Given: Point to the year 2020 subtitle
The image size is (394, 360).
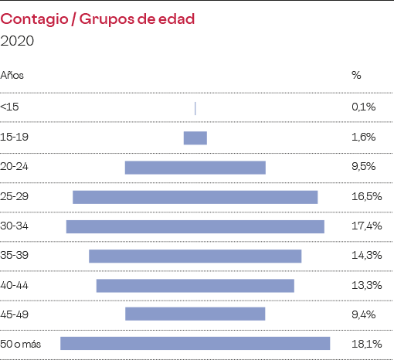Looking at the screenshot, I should (18, 40).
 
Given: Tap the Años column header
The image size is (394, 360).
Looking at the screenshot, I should (12, 76).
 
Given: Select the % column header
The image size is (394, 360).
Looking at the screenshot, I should (356, 76).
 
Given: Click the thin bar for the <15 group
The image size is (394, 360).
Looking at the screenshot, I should (195, 108).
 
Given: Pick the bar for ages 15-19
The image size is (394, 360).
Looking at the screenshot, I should (195, 138).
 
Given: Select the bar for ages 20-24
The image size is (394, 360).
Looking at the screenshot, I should (195, 167).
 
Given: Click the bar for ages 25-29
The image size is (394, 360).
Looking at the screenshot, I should (195, 197).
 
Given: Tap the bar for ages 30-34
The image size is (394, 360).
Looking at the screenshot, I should (195, 226).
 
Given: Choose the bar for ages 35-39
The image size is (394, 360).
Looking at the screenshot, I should (195, 256).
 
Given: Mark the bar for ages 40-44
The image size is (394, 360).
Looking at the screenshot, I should (195, 286).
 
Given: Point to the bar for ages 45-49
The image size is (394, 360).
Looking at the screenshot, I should (195, 314).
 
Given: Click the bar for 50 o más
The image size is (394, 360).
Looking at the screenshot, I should (195, 343).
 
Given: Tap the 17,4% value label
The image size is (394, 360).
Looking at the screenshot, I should (365, 226).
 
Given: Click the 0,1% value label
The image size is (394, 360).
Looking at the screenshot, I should (362, 107).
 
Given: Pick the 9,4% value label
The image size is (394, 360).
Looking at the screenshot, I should (363, 314).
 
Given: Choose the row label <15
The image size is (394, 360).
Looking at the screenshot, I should (10, 107).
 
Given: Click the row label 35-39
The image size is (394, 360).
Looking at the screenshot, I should (15, 255).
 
